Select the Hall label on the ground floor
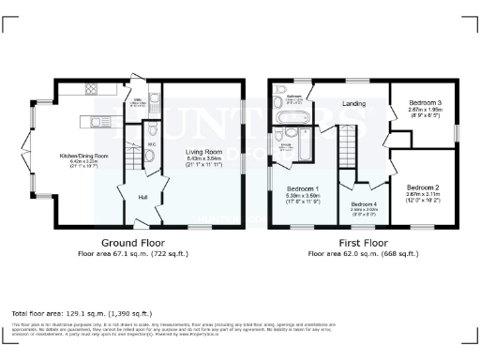[x=142, y=196]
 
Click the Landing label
[x=353, y=103]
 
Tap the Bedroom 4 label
[x=364, y=204]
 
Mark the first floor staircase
[x=348, y=150]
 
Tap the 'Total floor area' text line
[x=82, y=312]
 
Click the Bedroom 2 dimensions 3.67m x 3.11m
[x=424, y=194]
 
